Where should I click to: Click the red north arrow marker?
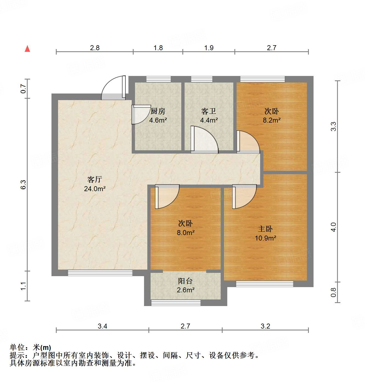pos(27,49)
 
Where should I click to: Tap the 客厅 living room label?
pos(95,180)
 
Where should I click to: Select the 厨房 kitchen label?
pos(158,111)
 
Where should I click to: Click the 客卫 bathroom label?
pos(209,111)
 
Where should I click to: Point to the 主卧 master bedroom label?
pos(265,229)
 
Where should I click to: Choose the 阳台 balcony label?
pos(185,281)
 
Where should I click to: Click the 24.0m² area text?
pos(95,189)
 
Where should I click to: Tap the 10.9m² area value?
pos(265,238)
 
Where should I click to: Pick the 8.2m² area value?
pos(272,120)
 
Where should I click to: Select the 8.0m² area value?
pos(186,233)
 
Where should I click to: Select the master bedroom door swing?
pos(244,196)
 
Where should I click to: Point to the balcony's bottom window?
pos(176,303)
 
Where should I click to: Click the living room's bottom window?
pos(100,273)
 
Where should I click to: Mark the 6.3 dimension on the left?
pos(23,185)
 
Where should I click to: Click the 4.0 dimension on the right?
pos(333,227)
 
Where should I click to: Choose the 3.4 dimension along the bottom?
pos(102,326)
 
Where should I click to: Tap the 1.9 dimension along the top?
pos(209,48)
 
